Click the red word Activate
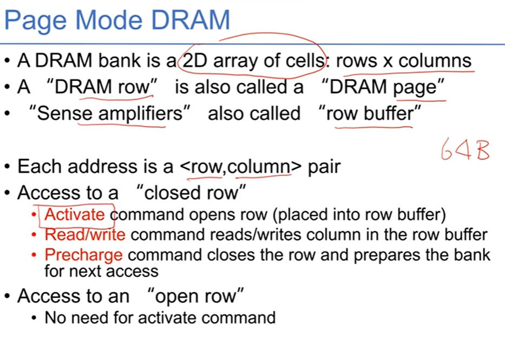tap(75, 215)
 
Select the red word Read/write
tap(85, 234)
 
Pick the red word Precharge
tap(83, 254)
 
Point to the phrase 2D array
tap(222, 61)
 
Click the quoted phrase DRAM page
tap(382, 87)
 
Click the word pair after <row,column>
tap(324, 166)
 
